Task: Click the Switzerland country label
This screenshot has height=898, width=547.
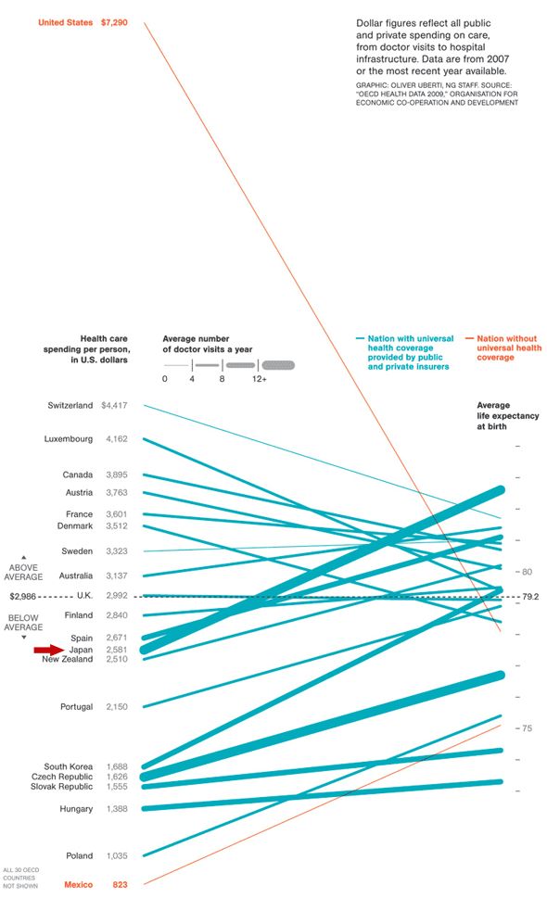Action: (70, 405)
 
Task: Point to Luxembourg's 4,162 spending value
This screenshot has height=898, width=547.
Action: (117, 438)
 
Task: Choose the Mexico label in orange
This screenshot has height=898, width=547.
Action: (78, 885)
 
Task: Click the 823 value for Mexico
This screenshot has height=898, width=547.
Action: (120, 885)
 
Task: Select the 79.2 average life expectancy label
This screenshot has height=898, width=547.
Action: (530, 597)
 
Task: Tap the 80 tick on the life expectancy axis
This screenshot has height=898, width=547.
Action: (526, 572)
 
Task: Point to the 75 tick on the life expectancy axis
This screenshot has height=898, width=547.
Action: (526, 728)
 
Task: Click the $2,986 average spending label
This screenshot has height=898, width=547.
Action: (24, 596)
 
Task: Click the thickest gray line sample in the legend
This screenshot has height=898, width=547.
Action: (278, 365)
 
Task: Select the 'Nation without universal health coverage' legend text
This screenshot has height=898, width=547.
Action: (506, 348)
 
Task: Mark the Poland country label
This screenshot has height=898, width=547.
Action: (79, 855)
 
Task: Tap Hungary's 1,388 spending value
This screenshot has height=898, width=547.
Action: (117, 809)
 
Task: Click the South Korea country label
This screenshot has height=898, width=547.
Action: (68, 766)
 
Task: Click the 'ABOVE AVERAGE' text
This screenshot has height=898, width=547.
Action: (24, 571)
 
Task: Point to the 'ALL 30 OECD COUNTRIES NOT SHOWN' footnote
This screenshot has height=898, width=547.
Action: (20, 878)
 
